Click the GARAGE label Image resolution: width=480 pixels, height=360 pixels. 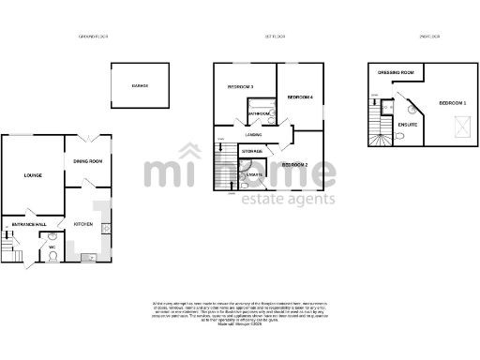click(x=140, y=85)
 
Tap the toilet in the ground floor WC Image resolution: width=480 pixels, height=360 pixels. click(x=52, y=252)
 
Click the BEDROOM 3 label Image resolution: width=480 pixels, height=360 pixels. click(x=241, y=87)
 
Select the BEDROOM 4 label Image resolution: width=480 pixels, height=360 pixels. click(x=300, y=97)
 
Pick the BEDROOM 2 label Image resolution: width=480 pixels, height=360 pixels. click(x=295, y=165)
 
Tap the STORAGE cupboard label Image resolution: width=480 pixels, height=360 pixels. click(x=251, y=150)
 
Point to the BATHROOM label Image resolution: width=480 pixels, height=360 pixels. click(x=260, y=114)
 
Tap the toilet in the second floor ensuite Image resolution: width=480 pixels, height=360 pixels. click(x=401, y=136)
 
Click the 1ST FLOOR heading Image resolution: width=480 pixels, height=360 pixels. click(x=275, y=37)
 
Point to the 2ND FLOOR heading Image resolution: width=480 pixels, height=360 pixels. click(x=430, y=37)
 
